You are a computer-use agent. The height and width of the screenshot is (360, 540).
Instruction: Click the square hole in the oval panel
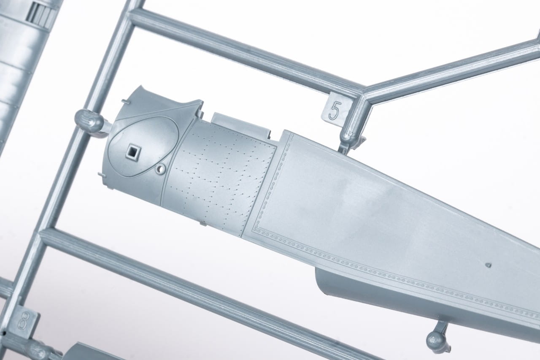(x=133, y=152)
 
